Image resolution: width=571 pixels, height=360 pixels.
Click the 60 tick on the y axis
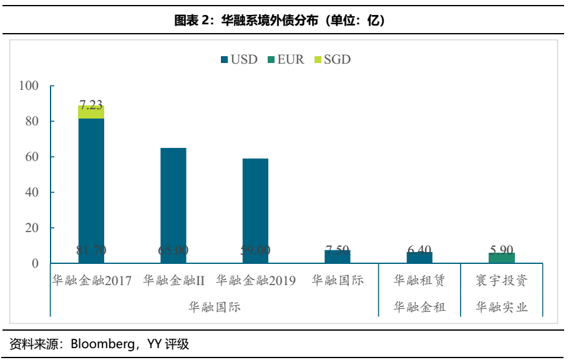tap(32, 157)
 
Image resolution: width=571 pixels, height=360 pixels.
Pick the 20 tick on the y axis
tap(32, 228)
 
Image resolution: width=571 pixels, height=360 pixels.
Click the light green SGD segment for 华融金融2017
tap(91, 112)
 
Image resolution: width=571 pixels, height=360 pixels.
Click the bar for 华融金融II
tap(173, 200)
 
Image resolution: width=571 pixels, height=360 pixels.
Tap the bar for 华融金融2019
tap(255, 206)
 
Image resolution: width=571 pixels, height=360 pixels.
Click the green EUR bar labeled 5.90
tap(502, 258)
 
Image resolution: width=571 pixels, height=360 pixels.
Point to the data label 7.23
tap(91, 105)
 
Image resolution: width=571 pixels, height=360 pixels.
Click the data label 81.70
tap(91, 250)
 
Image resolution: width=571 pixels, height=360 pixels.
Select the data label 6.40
tap(419, 250)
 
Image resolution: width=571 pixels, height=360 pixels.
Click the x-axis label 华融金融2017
tap(91, 281)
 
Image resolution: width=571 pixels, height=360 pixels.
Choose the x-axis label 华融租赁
tap(419, 281)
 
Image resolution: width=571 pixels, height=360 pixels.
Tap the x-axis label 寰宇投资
tap(502, 281)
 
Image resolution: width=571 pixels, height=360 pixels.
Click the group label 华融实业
tap(502, 307)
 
